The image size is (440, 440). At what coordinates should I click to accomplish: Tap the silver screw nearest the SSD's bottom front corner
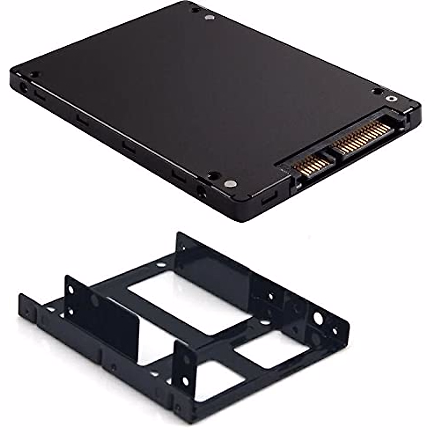pyautogui.click(x=230, y=184)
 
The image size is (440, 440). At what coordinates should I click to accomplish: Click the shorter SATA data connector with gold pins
pyautogui.click(x=312, y=165)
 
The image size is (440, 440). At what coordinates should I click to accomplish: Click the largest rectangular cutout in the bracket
pyautogui.click(x=183, y=297)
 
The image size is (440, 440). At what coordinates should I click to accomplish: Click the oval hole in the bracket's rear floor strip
pyautogui.click(x=160, y=264)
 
